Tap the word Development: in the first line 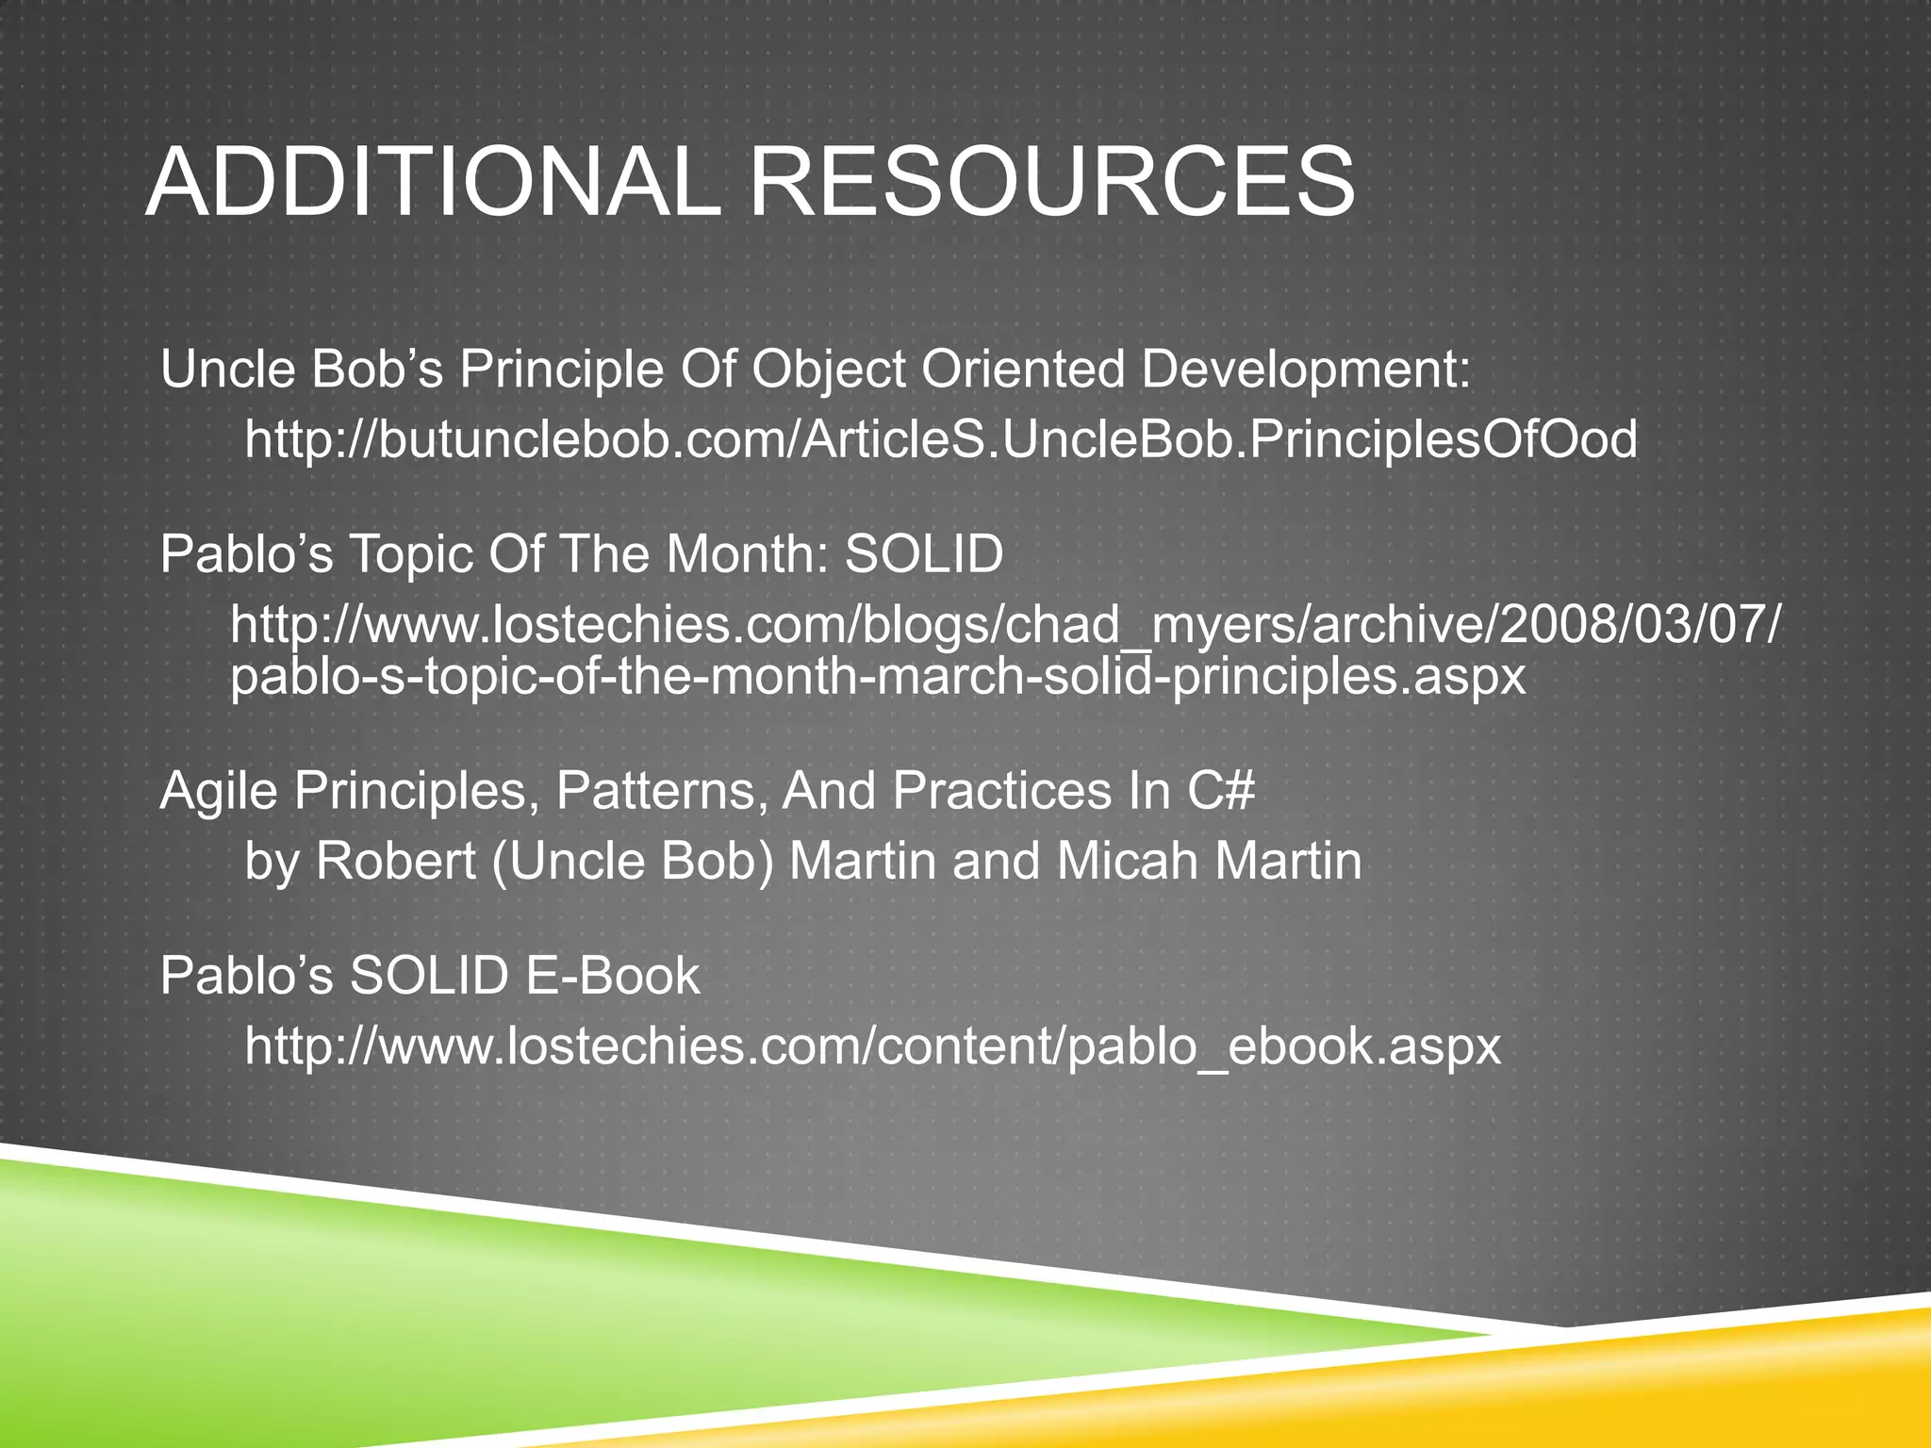tap(1306, 370)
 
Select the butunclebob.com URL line tap(941, 439)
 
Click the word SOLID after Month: tap(924, 553)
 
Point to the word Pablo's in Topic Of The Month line tap(247, 553)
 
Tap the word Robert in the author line tap(396, 861)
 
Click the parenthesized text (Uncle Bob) tap(633, 861)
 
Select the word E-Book tap(613, 976)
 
